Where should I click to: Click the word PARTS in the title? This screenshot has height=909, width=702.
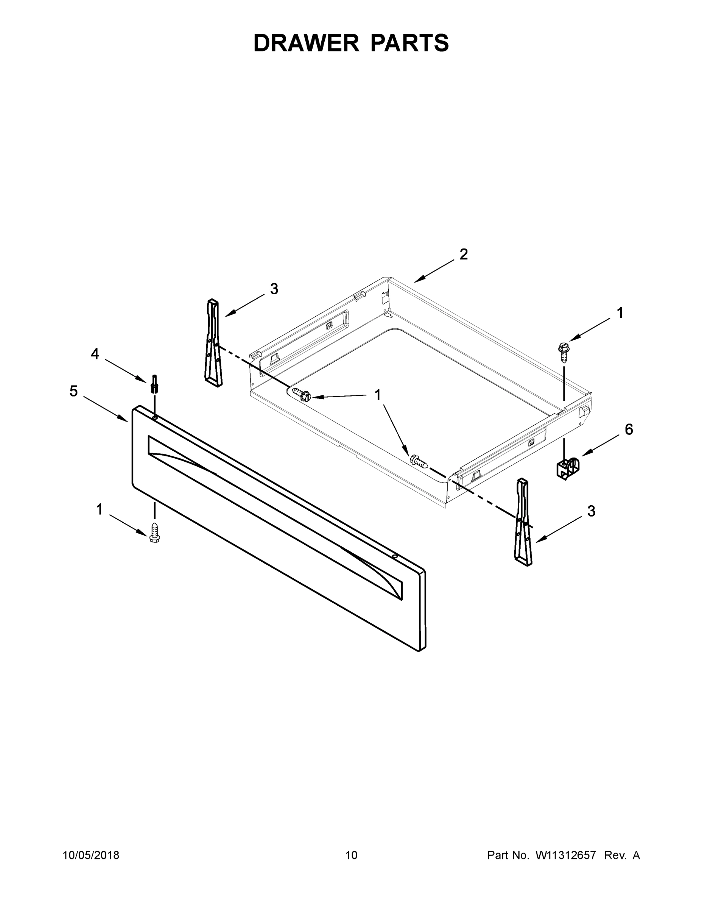(x=409, y=43)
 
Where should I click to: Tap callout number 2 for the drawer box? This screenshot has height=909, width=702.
(x=463, y=254)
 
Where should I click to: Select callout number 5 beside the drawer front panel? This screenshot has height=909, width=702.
(x=74, y=391)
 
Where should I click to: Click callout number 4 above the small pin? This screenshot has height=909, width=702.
(x=95, y=354)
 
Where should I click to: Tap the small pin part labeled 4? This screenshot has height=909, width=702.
(x=154, y=384)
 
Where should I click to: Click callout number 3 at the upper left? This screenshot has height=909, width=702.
(x=274, y=289)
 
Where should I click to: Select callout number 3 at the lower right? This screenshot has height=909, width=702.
(x=591, y=511)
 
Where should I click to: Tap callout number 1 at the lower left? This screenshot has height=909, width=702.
(x=100, y=509)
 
